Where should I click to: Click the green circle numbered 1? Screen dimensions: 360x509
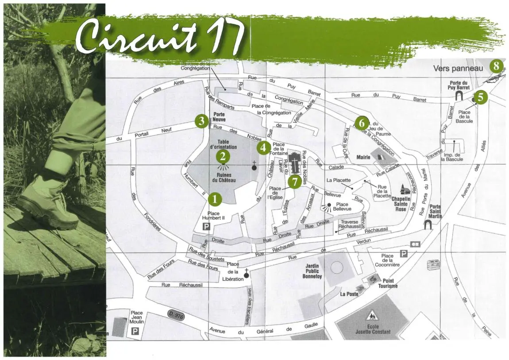coord(215,199)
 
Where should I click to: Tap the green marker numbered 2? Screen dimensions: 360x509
coord(223,156)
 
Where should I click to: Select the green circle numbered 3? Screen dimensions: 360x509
coord(202,120)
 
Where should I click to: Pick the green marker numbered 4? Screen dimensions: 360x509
coord(263,148)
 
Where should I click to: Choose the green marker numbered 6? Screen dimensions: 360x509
coord(362,122)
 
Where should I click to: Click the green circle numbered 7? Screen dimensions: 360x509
coord(294,182)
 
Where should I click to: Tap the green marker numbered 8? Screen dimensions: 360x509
coord(497,67)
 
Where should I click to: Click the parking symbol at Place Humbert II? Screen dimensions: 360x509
coord(206,227)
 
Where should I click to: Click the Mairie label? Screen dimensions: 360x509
coord(363,157)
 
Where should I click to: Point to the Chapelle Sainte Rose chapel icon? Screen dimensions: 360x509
coord(404,190)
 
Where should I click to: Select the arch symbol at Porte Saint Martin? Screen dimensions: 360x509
coord(428,225)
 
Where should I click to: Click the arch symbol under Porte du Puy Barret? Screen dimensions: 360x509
coord(459,94)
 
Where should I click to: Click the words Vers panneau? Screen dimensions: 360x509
coord(458,68)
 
